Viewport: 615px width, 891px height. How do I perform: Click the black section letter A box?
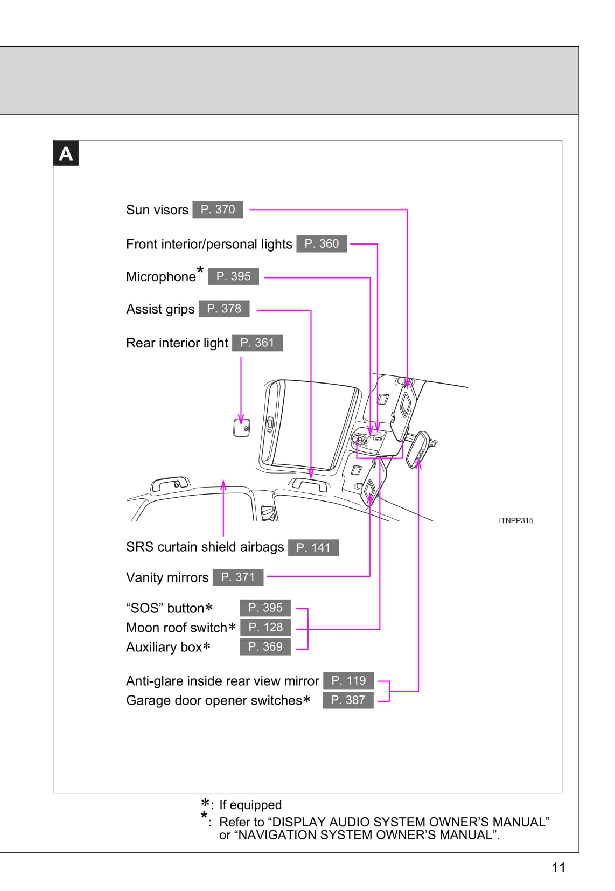coord(66,154)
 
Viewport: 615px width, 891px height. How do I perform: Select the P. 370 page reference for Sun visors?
coord(218,210)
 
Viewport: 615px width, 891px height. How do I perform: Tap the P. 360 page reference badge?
coord(322,244)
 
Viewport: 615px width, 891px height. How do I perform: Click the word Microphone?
coord(160,277)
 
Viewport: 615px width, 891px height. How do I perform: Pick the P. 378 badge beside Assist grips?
coord(224,309)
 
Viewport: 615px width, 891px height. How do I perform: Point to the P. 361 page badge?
coord(257,343)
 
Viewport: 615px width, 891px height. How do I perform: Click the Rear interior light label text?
coord(177,343)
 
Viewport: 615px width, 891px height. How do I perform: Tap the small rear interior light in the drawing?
coord(241,427)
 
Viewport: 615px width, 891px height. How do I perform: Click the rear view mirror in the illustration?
coord(418,448)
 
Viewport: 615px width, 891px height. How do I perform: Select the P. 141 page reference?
coord(313,548)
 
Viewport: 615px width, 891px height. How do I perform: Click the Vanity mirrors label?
coord(167,577)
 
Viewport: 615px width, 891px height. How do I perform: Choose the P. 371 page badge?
coord(238,577)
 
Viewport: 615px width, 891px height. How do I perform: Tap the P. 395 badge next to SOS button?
coord(265,608)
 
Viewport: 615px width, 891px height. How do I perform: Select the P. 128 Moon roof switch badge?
coord(265,627)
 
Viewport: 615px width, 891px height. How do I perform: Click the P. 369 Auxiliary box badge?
coord(265,646)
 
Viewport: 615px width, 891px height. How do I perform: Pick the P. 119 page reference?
coord(348,680)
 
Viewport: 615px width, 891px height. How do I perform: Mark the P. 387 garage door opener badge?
coord(348,700)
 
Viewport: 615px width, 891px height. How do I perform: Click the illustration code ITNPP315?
coord(516,520)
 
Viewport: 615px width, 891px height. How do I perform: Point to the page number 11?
coord(558,867)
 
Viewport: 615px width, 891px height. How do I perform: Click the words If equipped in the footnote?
coord(250,805)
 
